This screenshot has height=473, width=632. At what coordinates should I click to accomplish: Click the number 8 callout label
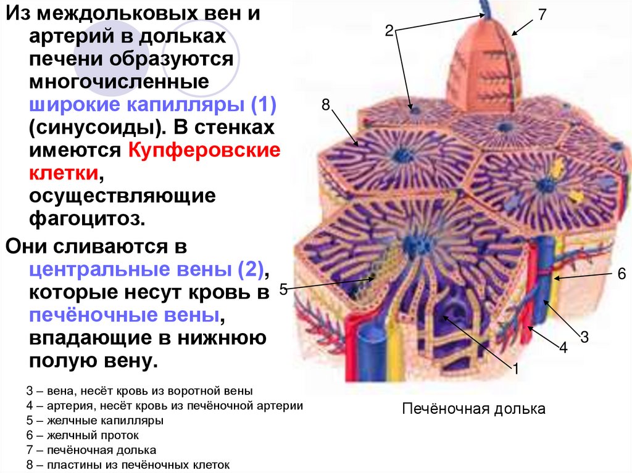point(325,105)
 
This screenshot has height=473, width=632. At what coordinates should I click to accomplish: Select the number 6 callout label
point(622,274)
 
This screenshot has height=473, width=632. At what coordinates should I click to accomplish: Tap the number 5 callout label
point(283,289)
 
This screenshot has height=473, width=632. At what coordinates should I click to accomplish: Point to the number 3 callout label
point(584,336)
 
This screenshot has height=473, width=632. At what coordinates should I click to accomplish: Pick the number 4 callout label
point(563,348)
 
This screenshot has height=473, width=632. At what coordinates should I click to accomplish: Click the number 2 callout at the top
point(389,30)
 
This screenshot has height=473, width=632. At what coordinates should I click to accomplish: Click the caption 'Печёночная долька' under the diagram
point(474,409)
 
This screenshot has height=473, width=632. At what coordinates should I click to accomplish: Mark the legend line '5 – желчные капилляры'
point(95,421)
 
